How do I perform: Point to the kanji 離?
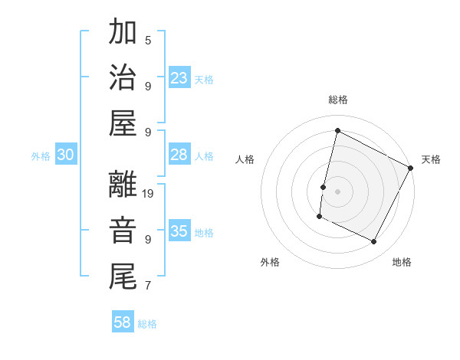point(123,185)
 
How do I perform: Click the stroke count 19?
point(149,194)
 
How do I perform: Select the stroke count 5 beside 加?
point(148,40)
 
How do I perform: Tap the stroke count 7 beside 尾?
point(148,286)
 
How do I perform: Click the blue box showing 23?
point(179,78)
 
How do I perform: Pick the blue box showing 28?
point(179,155)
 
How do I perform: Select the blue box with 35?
point(179,231)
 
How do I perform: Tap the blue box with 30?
point(65,155)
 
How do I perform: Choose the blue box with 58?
point(123,322)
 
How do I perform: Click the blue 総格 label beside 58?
point(147,324)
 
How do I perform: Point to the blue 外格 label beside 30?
point(41,156)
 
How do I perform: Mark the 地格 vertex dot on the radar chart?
point(374,242)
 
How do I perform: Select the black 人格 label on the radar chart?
point(245,159)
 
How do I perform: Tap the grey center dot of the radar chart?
point(337,191)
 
